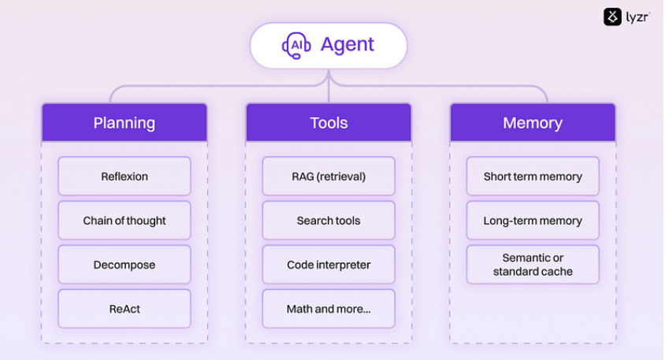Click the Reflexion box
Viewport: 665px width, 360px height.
(124, 176)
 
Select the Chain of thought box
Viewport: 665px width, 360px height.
(124, 221)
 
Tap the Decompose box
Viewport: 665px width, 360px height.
(124, 265)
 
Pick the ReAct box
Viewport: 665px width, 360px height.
(124, 310)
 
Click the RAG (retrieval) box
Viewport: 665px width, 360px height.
(329, 176)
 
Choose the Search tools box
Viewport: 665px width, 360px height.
(329, 221)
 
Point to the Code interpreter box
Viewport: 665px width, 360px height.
(329, 265)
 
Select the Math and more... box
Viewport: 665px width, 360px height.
(329, 310)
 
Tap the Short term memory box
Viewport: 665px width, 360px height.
(533, 176)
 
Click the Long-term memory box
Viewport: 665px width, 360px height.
(533, 221)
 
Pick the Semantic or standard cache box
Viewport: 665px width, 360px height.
(533, 265)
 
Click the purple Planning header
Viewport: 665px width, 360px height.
(124, 123)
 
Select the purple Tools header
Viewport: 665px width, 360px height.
(329, 123)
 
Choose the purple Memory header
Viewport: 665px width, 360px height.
(533, 123)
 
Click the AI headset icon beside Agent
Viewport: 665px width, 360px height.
(296, 46)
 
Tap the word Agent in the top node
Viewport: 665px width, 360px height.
(348, 45)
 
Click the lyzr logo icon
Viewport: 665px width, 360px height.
(613, 17)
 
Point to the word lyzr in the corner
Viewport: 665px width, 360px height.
(637, 17)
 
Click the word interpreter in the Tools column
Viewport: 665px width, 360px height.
(344, 265)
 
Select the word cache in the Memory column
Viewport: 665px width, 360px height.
(556, 272)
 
